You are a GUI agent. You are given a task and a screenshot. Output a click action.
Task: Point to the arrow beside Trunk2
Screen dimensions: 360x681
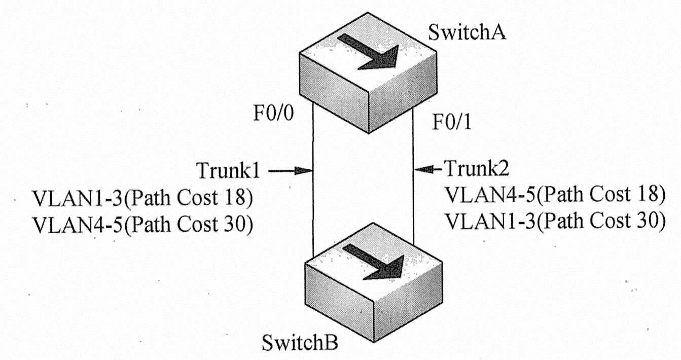coord(429,167)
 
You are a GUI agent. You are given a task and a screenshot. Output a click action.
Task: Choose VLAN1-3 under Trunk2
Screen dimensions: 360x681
coord(490,220)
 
